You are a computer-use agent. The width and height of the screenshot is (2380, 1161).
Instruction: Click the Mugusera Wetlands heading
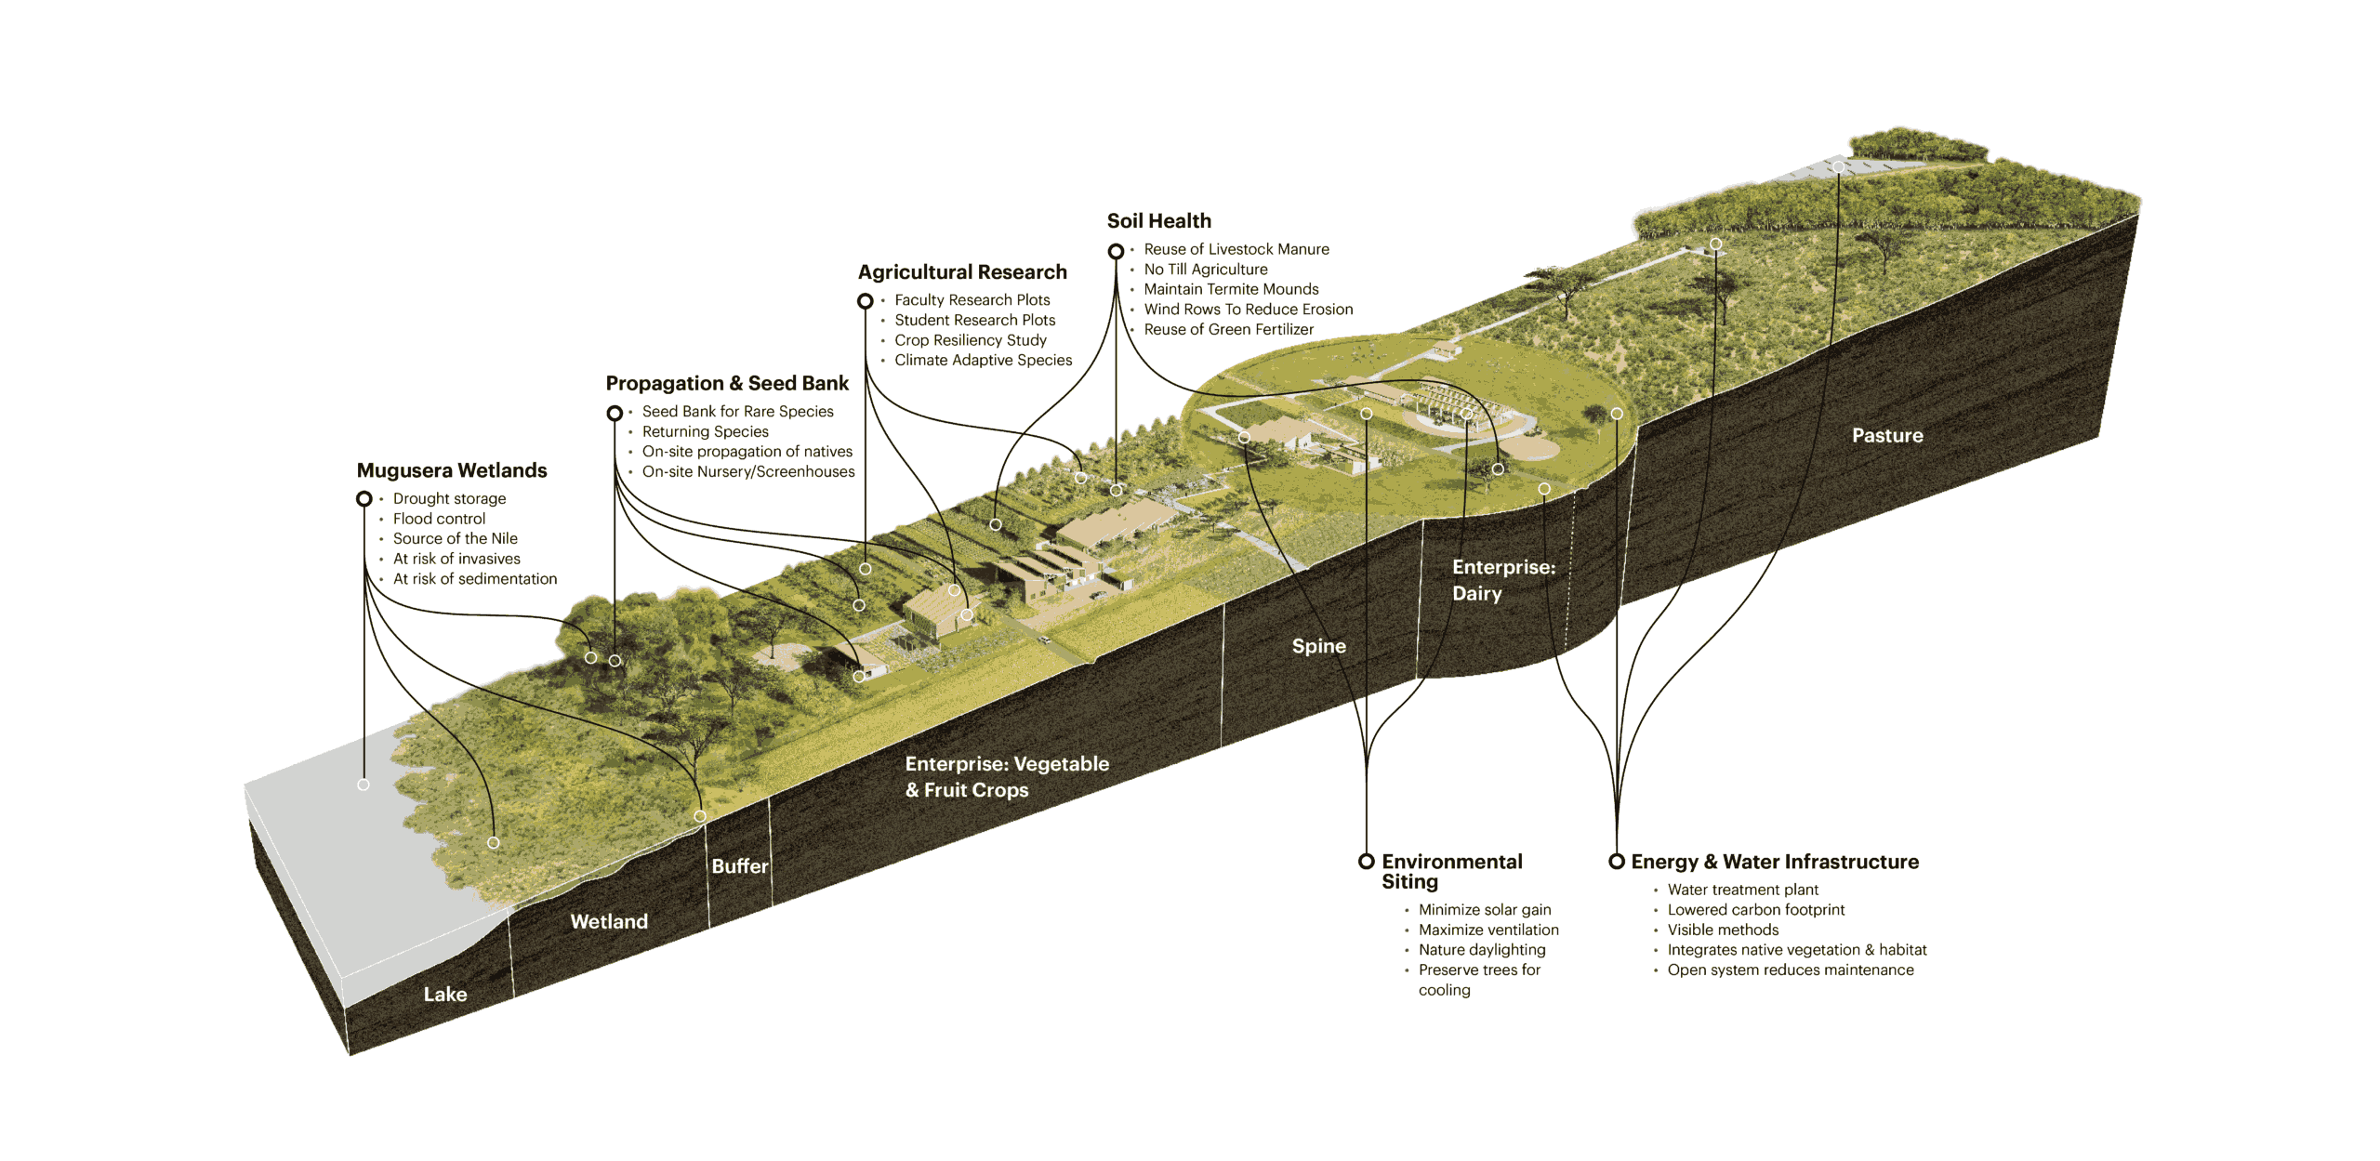452,470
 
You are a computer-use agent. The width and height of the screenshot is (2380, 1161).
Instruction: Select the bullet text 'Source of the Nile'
455,538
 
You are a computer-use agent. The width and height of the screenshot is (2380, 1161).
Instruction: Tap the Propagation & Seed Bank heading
727,383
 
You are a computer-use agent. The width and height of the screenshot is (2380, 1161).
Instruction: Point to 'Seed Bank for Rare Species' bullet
737,411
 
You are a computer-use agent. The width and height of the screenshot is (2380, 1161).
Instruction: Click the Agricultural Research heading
962,271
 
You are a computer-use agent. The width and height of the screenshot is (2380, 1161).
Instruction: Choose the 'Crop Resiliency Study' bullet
970,340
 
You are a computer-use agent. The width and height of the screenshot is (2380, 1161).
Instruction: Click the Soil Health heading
1158,221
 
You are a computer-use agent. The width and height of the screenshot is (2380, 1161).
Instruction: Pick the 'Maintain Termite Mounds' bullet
1231,289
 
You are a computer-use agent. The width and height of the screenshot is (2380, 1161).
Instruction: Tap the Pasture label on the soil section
1887,435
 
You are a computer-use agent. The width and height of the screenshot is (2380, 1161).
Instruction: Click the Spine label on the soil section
1318,646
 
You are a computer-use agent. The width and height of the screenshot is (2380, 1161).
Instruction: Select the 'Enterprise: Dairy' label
1502,580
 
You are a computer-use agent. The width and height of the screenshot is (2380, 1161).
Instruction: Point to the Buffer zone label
740,866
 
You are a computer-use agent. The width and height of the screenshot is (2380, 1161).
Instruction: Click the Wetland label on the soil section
609,921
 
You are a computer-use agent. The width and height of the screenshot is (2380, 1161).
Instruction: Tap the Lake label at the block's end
445,994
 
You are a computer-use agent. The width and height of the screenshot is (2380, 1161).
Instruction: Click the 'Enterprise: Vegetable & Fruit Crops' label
1006,776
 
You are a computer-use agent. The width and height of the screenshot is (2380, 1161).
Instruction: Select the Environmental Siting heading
1451,871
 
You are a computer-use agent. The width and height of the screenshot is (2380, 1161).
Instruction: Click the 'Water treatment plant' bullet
1742,890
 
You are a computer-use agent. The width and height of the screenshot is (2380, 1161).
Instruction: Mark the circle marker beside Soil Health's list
1117,251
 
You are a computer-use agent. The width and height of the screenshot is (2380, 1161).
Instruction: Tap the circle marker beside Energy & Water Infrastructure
1617,862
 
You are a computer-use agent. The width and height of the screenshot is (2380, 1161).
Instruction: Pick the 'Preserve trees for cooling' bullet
1478,980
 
